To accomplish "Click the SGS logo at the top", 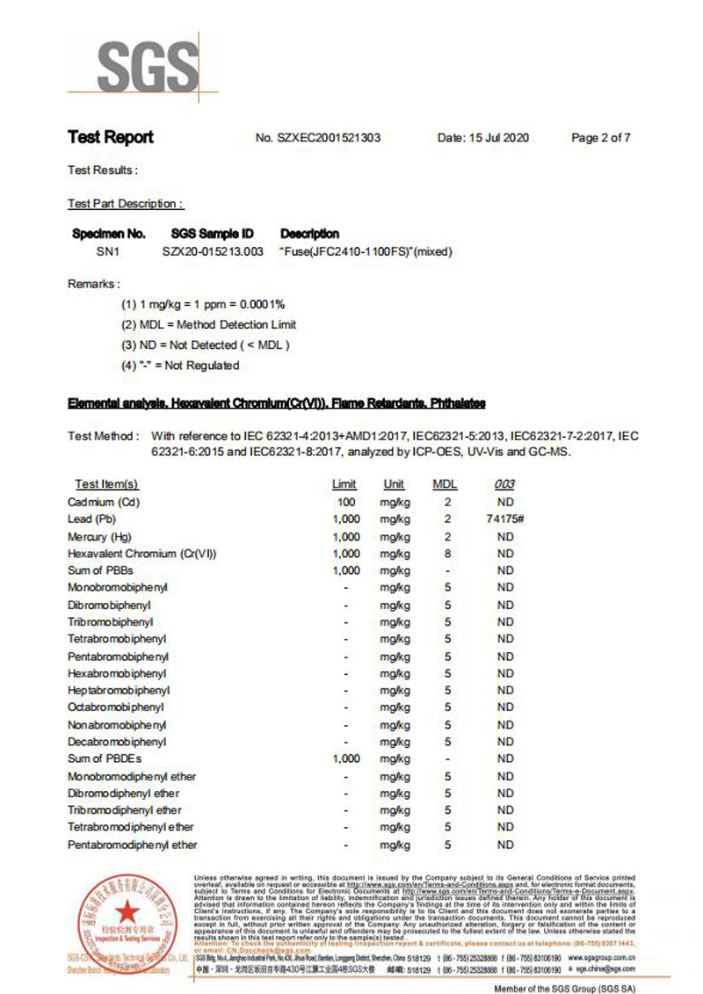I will pyautogui.click(x=146, y=64).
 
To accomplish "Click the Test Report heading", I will pyautogui.click(x=111, y=137).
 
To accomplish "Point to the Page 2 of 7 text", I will pyautogui.click(x=601, y=138).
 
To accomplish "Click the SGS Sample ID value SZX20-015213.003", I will pyautogui.click(x=213, y=251).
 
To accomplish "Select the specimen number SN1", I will pyautogui.click(x=107, y=251).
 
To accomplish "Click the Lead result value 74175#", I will pyautogui.click(x=504, y=519).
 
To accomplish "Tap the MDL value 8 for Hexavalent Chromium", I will pyautogui.click(x=447, y=554).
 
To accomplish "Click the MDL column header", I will pyautogui.click(x=446, y=484).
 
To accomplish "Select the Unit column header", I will pyautogui.click(x=394, y=484).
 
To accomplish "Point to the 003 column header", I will pyautogui.click(x=504, y=484).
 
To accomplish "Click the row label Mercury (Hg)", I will pyautogui.click(x=99, y=537).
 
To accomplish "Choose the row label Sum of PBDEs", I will pyautogui.click(x=105, y=758).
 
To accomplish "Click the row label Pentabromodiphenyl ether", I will pyautogui.click(x=132, y=845).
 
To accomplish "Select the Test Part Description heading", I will pyautogui.click(x=126, y=204).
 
